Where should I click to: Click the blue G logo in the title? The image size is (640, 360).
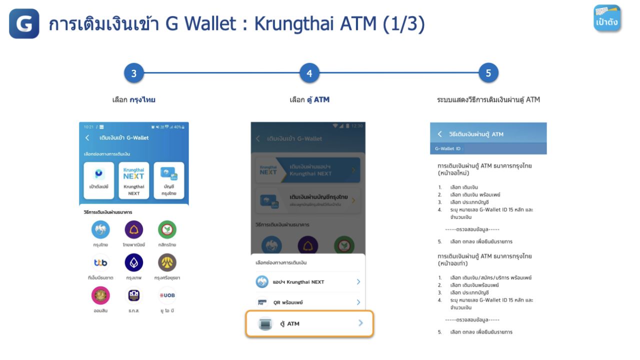click(24, 23)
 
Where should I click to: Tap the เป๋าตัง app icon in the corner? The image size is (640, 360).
click(607, 18)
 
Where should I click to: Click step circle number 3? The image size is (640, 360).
click(134, 73)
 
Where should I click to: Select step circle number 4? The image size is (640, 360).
click(309, 73)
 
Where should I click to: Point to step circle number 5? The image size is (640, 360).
click(488, 73)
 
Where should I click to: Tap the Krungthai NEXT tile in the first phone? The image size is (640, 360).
click(134, 180)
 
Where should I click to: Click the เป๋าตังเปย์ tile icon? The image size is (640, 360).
click(99, 174)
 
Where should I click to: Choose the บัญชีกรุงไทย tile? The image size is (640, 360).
click(169, 180)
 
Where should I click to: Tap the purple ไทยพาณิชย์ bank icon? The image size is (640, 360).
click(133, 229)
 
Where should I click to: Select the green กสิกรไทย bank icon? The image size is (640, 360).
click(167, 229)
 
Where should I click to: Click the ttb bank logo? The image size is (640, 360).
click(100, 262)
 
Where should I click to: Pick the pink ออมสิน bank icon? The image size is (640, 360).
click(100, 295)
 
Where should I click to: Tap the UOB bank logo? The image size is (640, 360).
click(167, 295)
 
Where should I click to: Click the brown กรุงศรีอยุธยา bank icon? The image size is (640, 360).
click(167, 262)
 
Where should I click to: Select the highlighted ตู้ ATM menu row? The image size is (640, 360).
click(309, 323)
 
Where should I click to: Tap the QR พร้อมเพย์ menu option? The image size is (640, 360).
click(309, 302)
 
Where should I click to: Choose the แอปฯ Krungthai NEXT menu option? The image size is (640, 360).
click(309, 282)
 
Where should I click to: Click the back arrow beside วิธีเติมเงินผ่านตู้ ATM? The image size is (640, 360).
click(440, 134)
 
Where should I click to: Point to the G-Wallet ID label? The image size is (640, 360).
click(449, 148)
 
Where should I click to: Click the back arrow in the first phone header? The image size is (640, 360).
click(87, 137)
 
